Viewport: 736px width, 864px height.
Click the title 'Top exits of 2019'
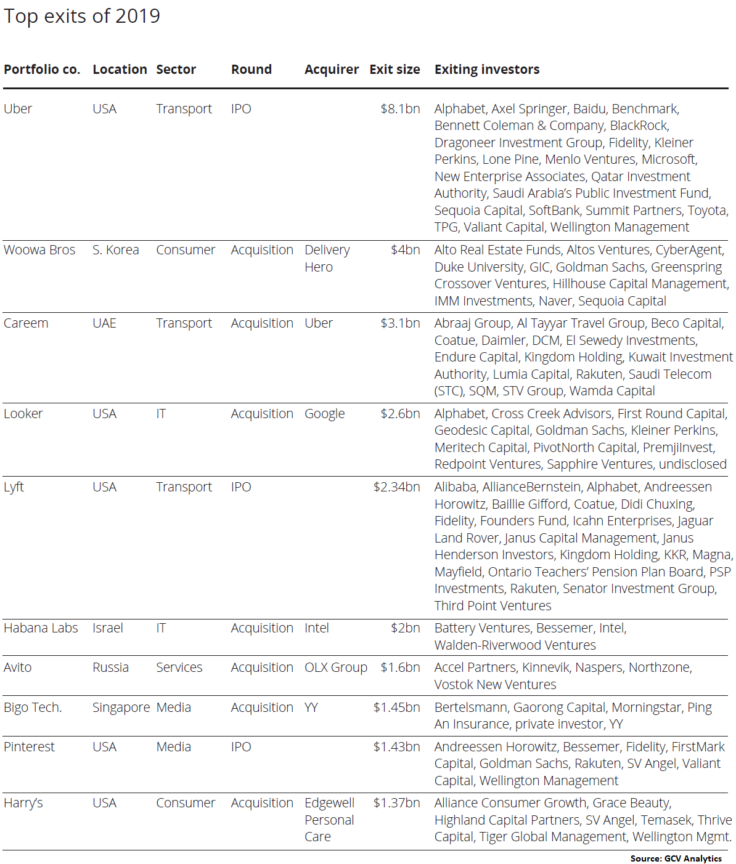82,16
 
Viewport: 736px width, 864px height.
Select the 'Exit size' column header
395,70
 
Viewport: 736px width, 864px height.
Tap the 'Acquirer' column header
331,70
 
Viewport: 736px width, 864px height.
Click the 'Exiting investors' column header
487,70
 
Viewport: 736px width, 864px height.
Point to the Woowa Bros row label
39,250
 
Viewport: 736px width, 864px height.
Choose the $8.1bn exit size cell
400,109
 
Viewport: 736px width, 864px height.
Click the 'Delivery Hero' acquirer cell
327,259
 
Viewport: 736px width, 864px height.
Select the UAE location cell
104,323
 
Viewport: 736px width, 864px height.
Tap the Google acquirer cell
324,414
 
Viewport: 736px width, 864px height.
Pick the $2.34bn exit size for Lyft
396,487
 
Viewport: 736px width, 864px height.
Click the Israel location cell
108,628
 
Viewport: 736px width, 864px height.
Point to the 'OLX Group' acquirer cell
335,668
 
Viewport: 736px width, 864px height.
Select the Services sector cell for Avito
179,668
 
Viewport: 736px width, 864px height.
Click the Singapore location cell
121,708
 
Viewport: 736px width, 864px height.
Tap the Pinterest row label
29,747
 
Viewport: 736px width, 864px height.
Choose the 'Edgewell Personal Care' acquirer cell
329,820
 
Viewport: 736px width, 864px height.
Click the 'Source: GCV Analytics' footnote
676,858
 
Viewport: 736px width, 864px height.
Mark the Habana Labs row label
41,628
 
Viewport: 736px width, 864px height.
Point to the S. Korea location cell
115,250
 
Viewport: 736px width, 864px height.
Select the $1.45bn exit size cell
396,708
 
